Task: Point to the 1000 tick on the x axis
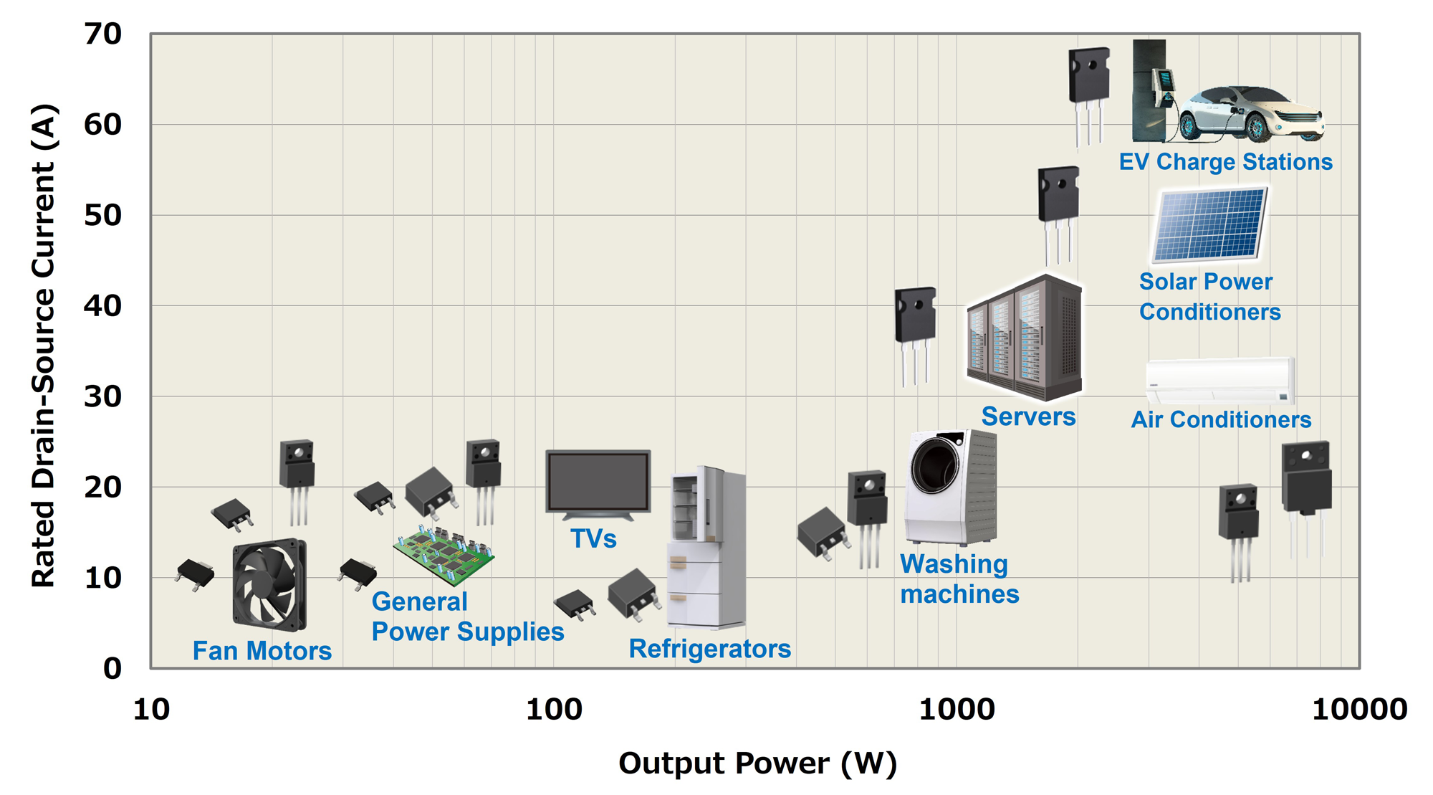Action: click(956, 710)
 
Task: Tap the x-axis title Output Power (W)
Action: click(757, 763)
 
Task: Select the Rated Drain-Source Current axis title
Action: click(43, 346)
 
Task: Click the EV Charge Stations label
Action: click(1225, 162)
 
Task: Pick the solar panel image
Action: click(1209, 225)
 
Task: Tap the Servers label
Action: click(1028, 416)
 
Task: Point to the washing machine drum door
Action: click(934, 467)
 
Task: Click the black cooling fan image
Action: click(269, 585)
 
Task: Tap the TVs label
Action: click(593, 538)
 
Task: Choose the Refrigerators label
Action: click(709, 649)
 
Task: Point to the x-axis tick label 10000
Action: click(1359, 710)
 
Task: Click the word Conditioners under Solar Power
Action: click(1209, 313)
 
